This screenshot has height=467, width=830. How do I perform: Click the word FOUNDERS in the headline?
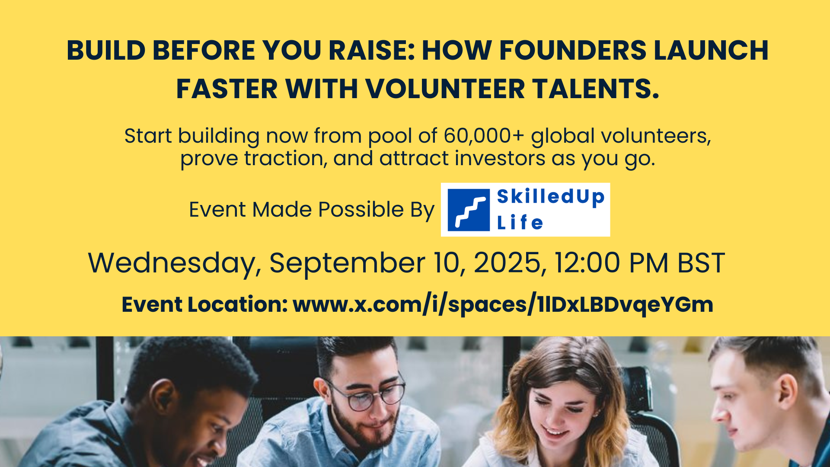coord(572,50)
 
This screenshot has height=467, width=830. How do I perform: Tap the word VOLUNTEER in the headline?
coord(445,89)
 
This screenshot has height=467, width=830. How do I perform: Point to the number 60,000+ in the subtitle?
coord(484,136)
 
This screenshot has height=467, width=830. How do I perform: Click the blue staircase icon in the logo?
coord(469,210)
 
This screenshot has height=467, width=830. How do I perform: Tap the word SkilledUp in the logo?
coord(551,197)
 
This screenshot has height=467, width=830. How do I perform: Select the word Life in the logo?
coord(520,223)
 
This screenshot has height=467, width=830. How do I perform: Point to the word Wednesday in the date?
coord(175,263)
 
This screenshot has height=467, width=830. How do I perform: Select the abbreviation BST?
coord(701,262)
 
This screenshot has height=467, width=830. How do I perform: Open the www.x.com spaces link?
coord(503,304)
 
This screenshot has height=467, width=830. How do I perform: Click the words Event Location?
coord(205,304)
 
